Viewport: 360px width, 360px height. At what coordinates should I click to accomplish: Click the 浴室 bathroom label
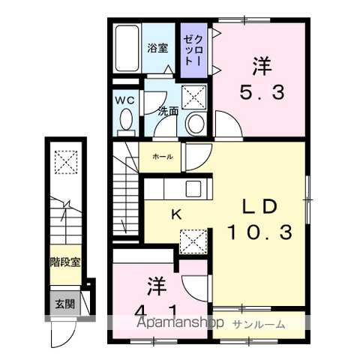[x=157, y=48]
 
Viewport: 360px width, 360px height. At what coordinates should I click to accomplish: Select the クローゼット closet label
[x=193, y=50]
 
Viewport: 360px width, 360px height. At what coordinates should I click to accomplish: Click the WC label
[x=124, y=100]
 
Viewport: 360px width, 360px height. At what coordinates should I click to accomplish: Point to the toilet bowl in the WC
[x=126, y=119]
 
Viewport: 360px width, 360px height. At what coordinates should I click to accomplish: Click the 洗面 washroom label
[x=168, y=112]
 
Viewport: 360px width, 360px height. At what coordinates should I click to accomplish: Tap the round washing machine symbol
[x=196, y=124]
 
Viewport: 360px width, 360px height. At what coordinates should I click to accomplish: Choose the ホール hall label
[x=163, y=157]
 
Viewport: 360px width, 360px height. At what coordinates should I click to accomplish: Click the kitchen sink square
[x=193, y=189]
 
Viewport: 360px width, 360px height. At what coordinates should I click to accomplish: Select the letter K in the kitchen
[x=176, y=214]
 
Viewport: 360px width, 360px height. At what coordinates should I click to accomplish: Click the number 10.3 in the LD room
[x=259, y=232]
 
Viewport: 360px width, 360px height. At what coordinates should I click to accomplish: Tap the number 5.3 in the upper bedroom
[x=262, y=92]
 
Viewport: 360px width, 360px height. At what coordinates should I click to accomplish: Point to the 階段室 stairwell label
[x=65, y=262]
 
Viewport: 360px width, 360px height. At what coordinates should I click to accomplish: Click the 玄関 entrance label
[x=65, y=304]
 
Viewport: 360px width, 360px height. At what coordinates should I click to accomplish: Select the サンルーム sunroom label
[x=259, y=324]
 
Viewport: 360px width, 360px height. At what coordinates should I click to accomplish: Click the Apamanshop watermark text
[x=180, y=322]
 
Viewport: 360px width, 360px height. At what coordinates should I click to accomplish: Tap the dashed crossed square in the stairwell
[x=66, y=162]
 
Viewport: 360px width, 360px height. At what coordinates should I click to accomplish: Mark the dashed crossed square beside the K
[x=193, y=241]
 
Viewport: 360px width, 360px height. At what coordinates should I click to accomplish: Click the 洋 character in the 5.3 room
[x=262, y=66]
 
